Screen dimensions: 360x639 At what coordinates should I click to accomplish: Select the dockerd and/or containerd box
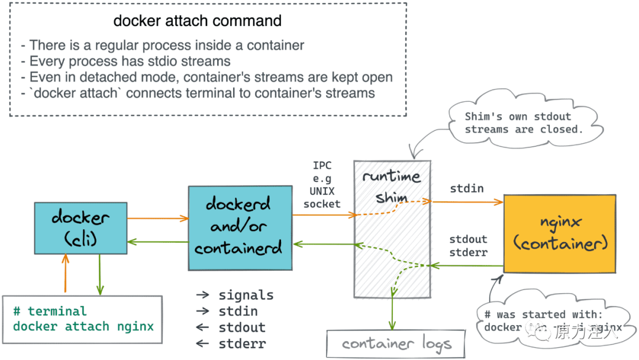tap(240, 229)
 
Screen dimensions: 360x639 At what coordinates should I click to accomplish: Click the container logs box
tap(396, 343)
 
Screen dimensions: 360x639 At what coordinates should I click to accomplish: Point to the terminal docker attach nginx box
tap(82, 319)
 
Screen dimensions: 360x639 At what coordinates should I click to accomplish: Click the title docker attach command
tap(197, 21)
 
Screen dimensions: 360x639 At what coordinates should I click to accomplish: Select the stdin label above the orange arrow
tap(467, 189)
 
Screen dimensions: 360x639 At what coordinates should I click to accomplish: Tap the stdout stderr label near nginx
tap(468, 246)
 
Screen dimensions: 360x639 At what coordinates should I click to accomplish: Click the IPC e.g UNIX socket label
tap(322, 185)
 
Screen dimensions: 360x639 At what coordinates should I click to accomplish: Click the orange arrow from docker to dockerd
tap(157, 218)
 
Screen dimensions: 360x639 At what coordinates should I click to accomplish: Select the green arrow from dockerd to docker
tap(157, 241)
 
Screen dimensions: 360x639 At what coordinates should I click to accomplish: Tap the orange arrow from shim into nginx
tap(467, 202)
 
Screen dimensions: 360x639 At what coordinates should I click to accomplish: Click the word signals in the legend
tap(246, 295)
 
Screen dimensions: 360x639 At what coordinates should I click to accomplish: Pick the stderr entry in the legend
tap(242, 343)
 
